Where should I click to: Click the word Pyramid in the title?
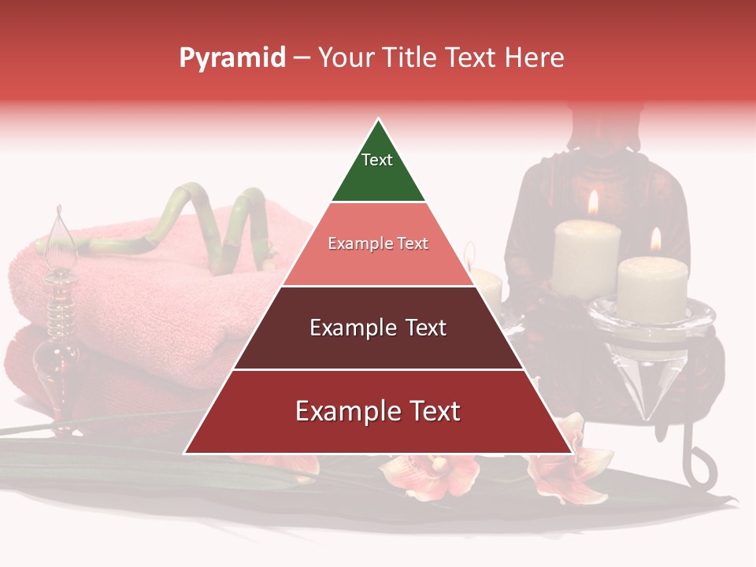[232, 58]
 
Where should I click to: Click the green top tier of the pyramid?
[378, 177]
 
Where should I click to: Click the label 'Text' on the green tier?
[377, 160]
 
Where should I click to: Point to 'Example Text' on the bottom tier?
[378, 411]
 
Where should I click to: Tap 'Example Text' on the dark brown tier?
[378, 328]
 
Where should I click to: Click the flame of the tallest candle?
[593, 203]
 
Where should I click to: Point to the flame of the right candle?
[655, 239]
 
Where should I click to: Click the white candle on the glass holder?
[653, 287]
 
